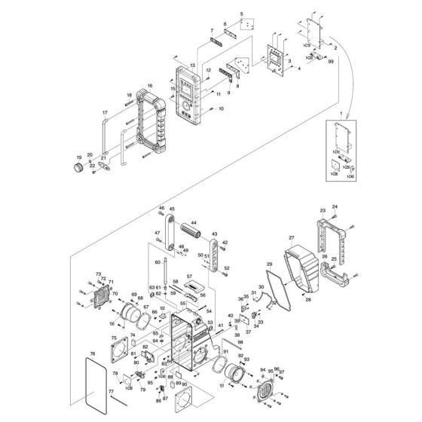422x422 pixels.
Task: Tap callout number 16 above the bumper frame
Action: point(150,87)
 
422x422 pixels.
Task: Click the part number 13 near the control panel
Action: point(192,66)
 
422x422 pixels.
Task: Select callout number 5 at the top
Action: point(242,14)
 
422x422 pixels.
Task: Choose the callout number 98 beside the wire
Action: point(219,343)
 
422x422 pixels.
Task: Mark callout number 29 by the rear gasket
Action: point(268,265)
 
